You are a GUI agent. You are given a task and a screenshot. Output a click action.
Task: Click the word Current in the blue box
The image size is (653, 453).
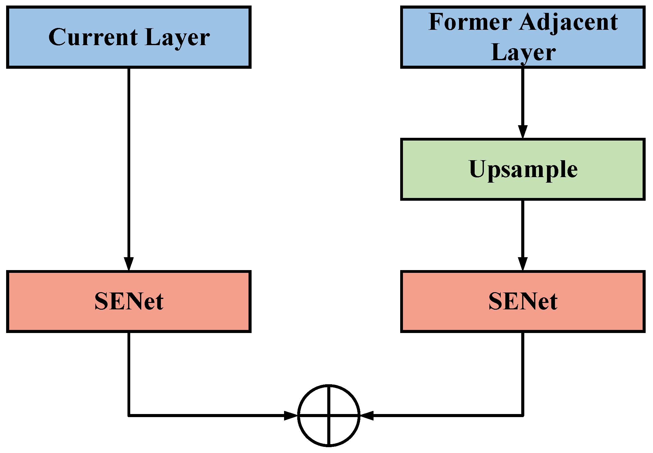93,37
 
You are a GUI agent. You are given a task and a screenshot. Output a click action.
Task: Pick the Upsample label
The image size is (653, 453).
523,169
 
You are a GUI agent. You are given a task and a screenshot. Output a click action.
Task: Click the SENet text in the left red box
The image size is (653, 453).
129,301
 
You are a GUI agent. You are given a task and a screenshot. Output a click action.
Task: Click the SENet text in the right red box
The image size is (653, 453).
523,301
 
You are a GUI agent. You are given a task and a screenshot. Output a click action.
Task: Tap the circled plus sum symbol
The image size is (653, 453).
328,416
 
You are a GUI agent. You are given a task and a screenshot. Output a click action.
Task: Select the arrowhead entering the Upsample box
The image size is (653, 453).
523,132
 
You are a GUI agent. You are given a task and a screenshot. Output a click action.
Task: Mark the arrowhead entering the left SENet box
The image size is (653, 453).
129,264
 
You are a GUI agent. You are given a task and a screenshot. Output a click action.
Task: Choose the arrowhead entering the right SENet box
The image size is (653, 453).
523,264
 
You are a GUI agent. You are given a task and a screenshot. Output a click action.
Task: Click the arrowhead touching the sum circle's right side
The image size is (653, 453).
366,416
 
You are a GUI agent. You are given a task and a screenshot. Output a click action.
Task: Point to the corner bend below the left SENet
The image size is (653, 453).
129,416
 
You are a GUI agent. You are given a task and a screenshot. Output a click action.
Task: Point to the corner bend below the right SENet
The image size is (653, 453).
523,416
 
